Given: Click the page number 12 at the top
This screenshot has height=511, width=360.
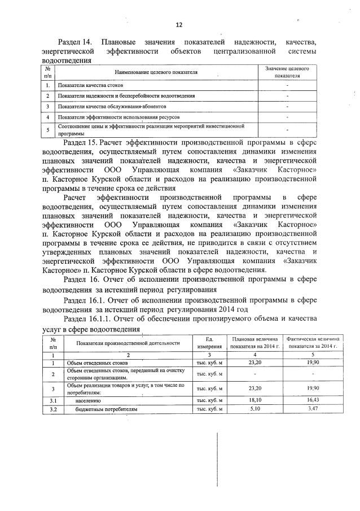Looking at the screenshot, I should pos(179,24).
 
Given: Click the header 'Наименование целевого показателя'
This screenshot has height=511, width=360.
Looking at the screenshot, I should pos(156,72).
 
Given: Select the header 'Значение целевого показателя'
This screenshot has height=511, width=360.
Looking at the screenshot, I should pos(287,72).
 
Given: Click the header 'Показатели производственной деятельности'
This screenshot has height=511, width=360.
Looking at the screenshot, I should pos(129,342).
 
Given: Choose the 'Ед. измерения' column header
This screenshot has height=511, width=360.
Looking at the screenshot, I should pos(207,342).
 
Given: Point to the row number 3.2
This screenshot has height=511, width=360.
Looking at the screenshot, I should pos(53,408).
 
